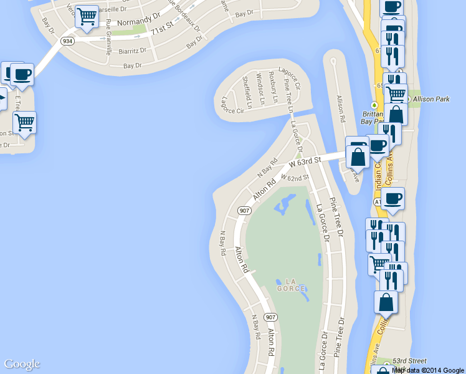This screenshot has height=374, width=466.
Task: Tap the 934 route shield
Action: [x=67, y=40]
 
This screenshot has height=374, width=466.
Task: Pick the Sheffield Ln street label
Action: [x=247, y=92]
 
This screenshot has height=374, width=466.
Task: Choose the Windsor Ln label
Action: [x=260, y=91]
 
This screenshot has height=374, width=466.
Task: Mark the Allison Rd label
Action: [x=341, y=108]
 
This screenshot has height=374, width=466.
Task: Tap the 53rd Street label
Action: [x=409, y=361]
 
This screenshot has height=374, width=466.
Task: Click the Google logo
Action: [x=22, y=365]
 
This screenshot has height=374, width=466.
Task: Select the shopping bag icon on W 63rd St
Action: [x=358, y=156]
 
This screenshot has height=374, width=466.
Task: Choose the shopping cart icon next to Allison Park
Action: [x=396, y=94]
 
